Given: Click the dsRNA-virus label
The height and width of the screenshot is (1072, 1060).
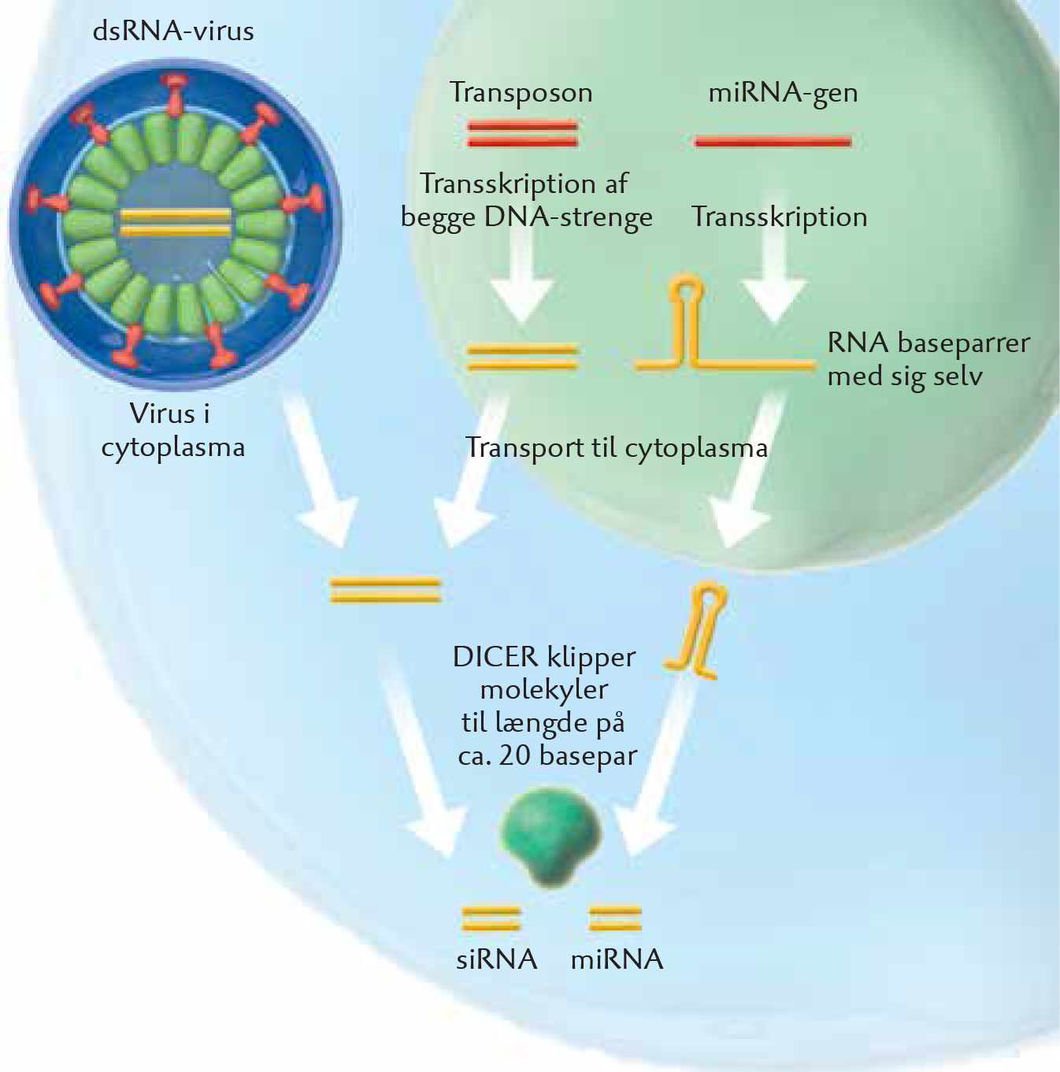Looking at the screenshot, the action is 173,32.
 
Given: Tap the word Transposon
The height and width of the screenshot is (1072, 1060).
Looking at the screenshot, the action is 521,93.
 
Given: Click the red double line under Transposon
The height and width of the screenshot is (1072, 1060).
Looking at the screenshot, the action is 522,135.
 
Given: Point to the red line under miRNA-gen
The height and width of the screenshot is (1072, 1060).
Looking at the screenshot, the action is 773,142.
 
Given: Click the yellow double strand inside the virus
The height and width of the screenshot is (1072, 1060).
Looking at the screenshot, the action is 176,221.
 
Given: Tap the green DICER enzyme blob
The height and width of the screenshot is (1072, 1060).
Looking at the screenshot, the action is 550,837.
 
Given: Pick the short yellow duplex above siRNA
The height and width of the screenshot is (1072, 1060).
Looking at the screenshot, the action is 491,919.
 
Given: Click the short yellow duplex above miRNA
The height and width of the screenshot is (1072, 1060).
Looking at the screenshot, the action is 615,919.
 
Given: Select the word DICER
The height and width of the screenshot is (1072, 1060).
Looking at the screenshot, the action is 495,658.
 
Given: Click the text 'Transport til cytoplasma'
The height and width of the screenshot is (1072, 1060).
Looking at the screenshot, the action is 617,448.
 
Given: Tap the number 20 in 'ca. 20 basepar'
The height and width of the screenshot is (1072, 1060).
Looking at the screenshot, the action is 516,757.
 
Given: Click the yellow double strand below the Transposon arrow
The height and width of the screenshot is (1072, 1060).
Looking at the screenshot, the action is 522,358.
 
